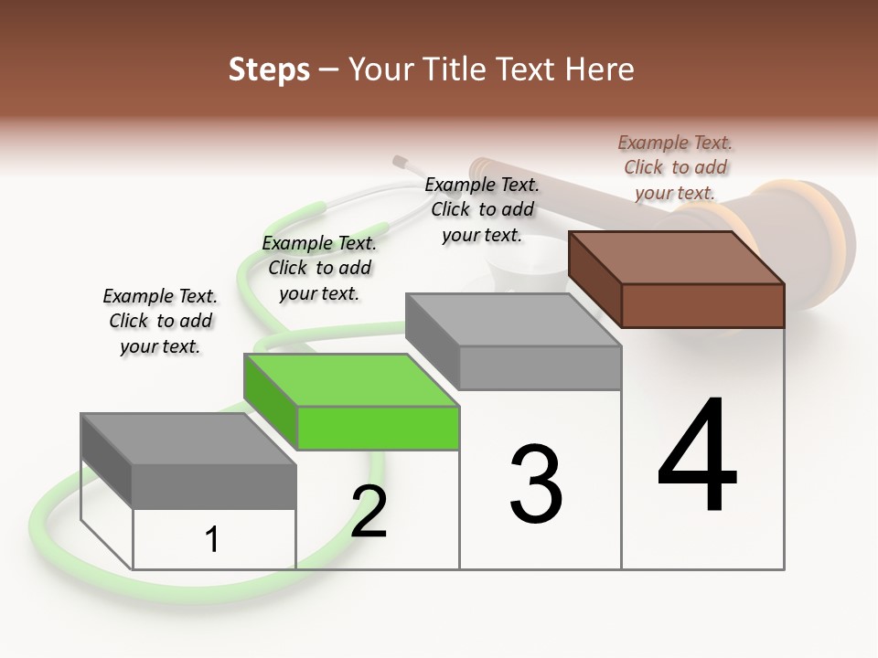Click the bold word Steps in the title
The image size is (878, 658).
click(268, 69)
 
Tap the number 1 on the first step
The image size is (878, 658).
click(212, 539)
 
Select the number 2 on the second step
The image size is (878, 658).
click(369, 512)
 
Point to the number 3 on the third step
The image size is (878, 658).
click(535, 484)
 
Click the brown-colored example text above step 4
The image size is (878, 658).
click(675, 167)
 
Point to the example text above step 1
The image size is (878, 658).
click(160, 321)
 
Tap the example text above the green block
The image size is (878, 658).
click(319, 268)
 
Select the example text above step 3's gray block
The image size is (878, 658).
click(482, 209)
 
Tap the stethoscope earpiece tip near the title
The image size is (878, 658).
click(400, 162)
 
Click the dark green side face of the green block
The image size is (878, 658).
click(271, 402)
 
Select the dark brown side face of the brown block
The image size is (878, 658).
click(595, 279)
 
